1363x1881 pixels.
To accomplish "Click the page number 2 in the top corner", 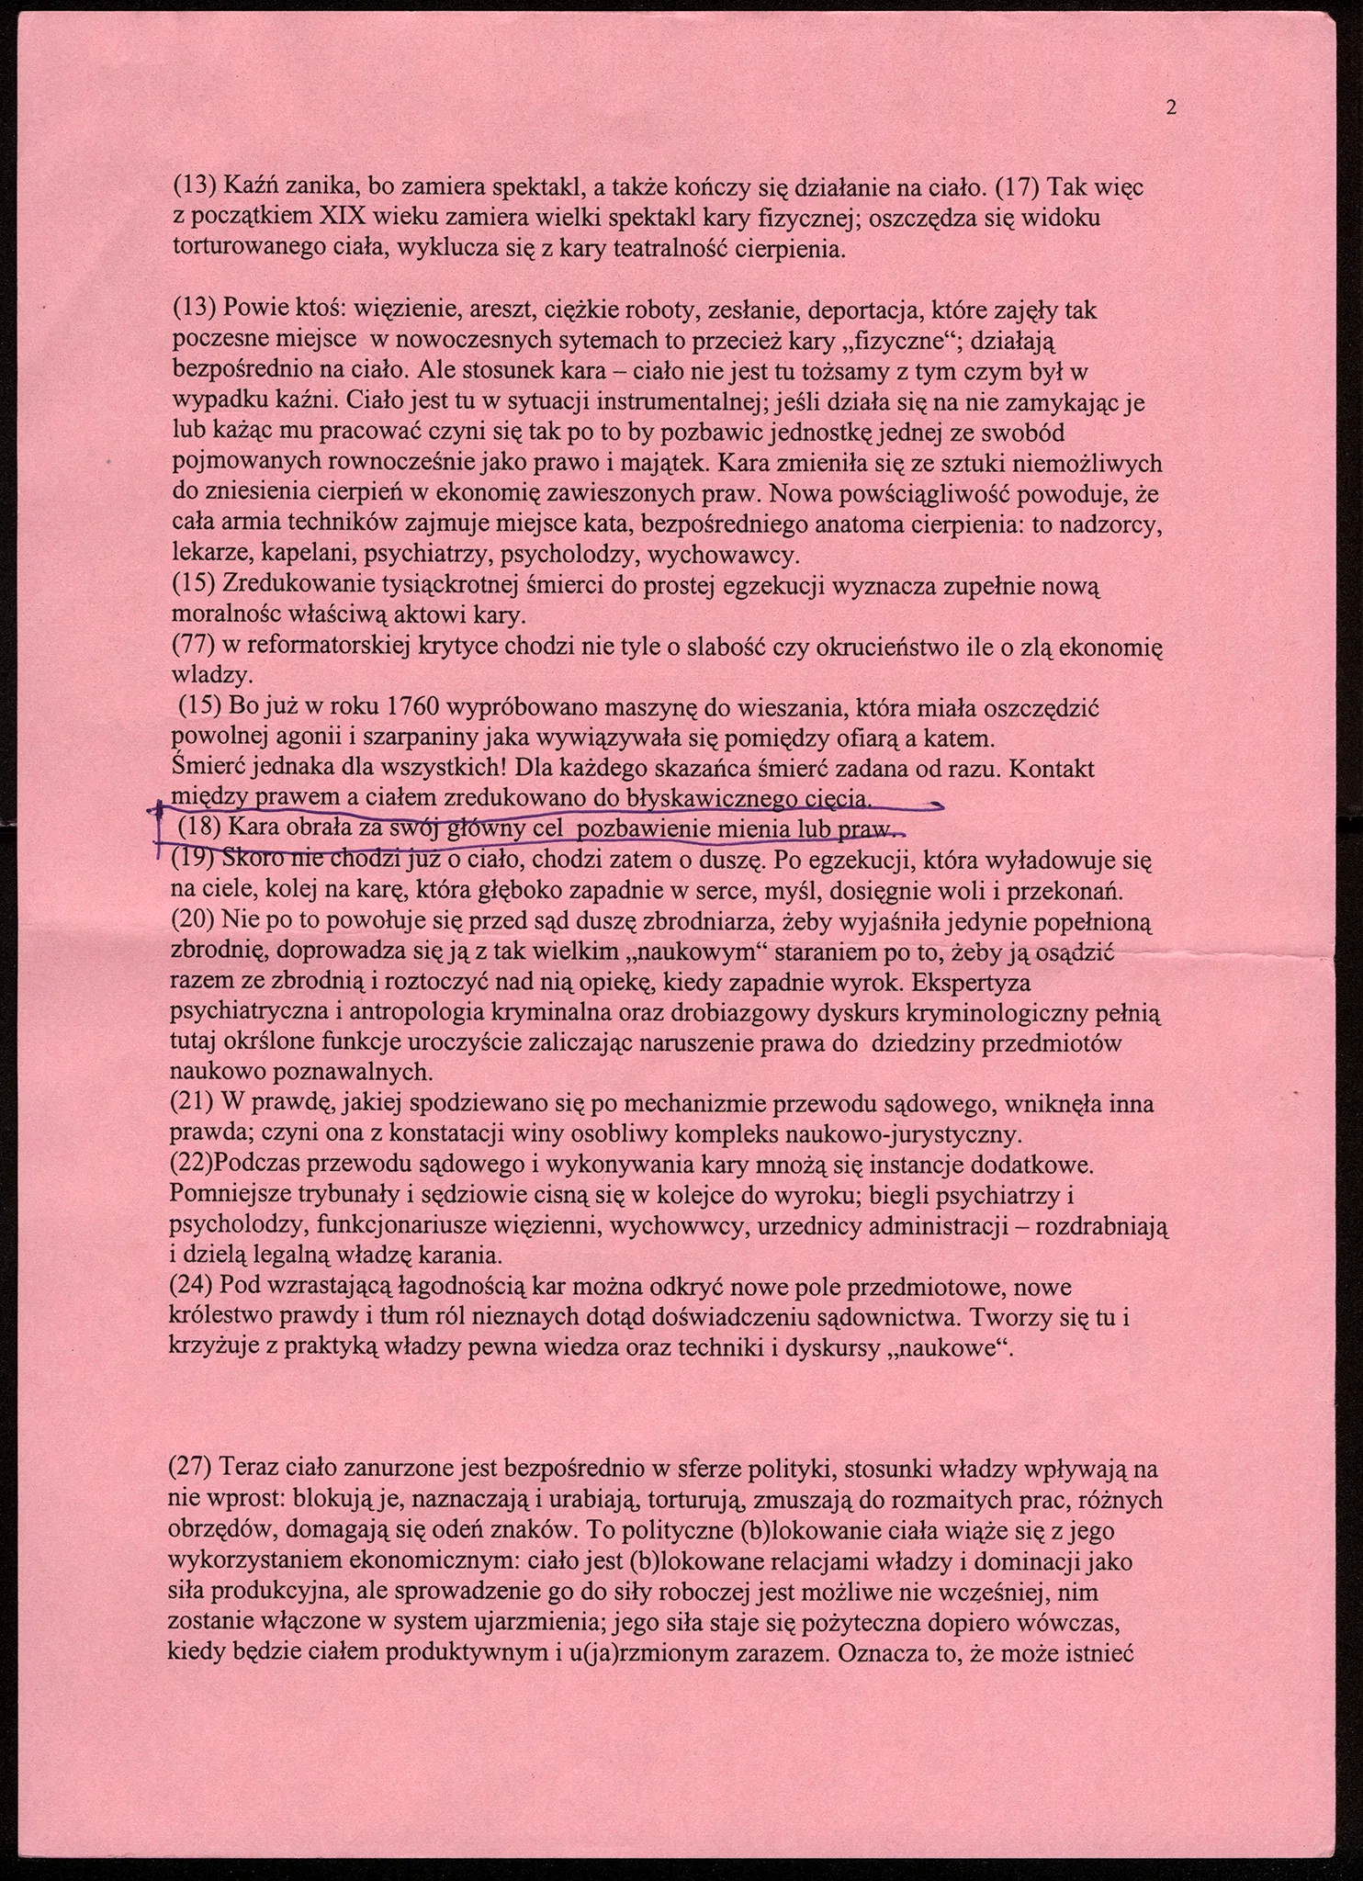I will click(1171, 108).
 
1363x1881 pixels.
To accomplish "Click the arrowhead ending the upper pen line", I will click(939, 805).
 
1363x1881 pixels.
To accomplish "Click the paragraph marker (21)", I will click(191, 1104).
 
